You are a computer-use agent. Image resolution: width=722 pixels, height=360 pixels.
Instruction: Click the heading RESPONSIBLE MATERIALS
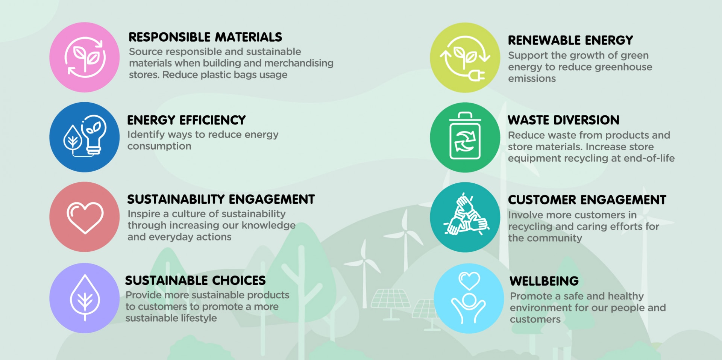(205, 37)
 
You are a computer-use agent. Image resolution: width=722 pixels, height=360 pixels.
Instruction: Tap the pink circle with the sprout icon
(85, 57)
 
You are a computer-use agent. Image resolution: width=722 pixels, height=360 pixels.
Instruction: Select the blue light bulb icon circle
(85, 137)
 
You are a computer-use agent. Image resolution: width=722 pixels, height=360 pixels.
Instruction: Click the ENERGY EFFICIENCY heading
(186, 120)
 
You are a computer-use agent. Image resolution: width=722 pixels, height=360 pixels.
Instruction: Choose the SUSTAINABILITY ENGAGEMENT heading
(221, 199)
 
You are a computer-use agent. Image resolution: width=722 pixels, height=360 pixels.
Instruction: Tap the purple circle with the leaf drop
(85, 298)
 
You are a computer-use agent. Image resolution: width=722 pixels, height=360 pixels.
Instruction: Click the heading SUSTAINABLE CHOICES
(195, 280)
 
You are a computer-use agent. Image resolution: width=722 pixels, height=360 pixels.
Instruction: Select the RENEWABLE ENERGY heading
(570, 40)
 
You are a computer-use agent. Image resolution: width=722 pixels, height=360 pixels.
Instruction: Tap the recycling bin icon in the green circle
(465, 136)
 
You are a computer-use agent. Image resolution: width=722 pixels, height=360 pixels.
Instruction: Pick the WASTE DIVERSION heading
(563, 120)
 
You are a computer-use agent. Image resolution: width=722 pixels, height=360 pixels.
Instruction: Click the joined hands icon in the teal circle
(466, 215)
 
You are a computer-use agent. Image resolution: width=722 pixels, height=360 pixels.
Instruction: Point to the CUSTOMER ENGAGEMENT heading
(587, 200)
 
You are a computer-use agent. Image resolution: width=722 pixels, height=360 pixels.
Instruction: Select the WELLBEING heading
(544, 281)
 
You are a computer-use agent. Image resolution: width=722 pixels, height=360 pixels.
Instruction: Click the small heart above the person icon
(469, 280)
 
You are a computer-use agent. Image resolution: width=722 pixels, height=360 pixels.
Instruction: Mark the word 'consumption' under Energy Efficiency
(159, 146)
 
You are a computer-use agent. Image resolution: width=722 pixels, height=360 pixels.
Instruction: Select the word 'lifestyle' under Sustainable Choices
(199, 318)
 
